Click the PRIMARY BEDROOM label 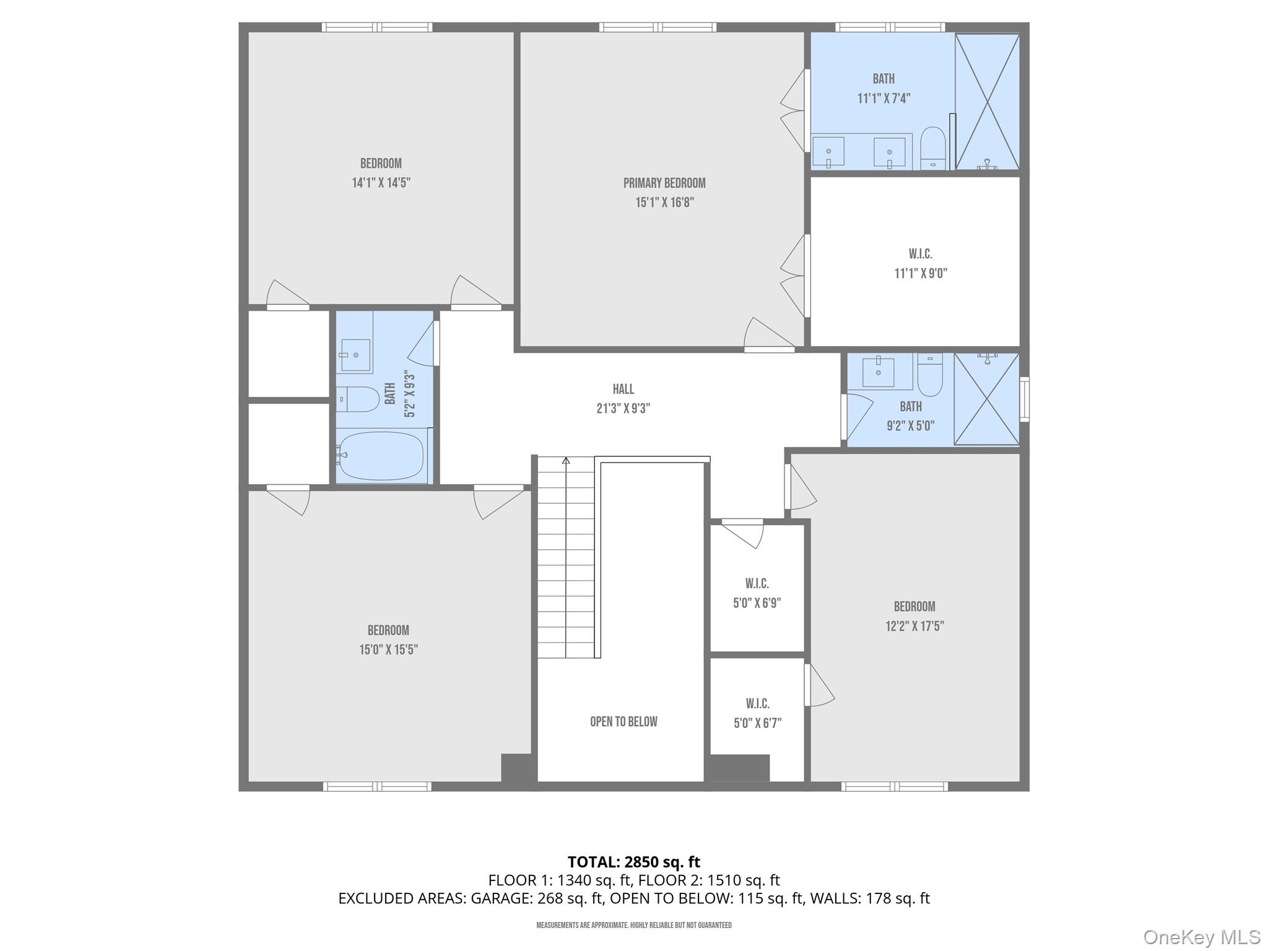(664, 183)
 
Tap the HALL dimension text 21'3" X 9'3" (623, 409)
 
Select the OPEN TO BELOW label (623, 721)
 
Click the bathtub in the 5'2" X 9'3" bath (381, 456)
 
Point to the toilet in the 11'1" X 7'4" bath (932, 147)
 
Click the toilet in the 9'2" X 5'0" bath (929, 375)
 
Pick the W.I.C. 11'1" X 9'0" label (920, 263)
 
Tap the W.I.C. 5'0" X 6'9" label (757, 593)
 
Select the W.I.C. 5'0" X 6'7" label (757, 713)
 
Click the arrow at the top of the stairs (565, 461)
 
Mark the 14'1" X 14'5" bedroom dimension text (381, 183)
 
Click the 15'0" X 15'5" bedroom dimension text (388, 649)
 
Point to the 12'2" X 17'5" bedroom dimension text (914, 626)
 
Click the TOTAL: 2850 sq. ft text (633, 862)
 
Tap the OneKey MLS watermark (1201, 937)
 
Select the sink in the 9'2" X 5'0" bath (878, 371)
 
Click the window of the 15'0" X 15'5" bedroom (377, 786)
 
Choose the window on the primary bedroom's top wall (658, 27)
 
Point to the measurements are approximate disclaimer (633, 925)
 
